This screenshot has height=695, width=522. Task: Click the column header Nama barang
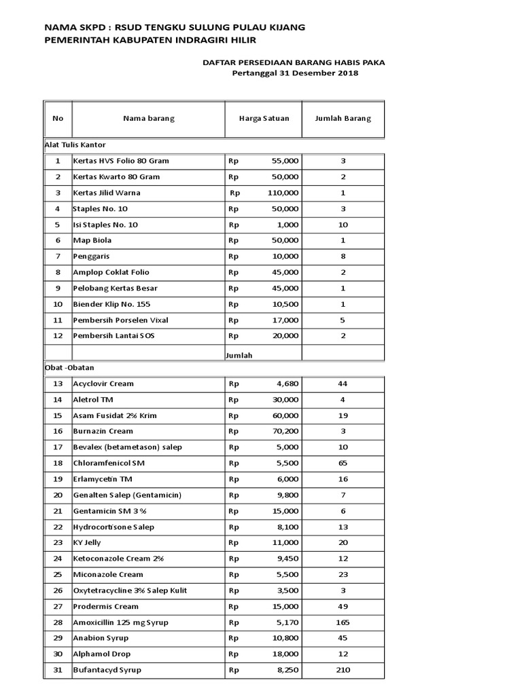148,118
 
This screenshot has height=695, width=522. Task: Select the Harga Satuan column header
264,118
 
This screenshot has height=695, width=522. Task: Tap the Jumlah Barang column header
343,118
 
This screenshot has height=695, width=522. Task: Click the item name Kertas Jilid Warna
107,193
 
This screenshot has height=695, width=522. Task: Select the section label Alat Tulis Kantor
75,145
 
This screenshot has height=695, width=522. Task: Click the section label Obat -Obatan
68,368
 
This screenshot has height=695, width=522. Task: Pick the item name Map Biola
92,240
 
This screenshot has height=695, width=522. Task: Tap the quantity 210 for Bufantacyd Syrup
343,670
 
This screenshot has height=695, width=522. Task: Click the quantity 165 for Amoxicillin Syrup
343,622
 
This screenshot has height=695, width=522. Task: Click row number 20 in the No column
58,495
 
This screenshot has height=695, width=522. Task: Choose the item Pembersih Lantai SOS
114,336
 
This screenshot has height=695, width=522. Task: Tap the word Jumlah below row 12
239,355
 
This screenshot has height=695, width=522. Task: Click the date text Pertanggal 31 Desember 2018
295,73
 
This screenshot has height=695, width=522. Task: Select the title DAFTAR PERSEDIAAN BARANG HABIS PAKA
294,62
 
